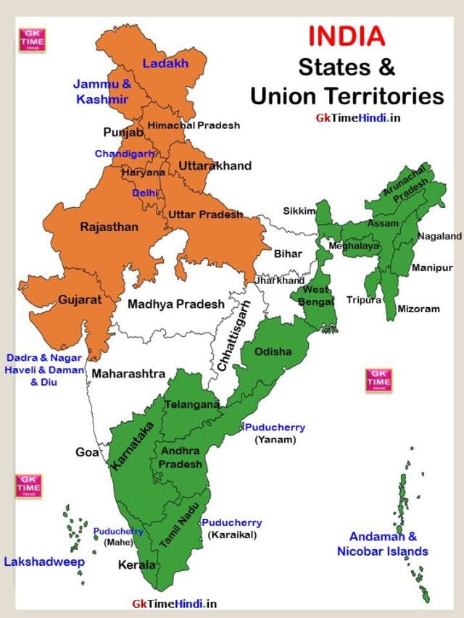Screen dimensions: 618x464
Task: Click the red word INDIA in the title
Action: (347, 36)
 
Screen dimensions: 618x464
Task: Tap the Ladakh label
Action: (165, 64)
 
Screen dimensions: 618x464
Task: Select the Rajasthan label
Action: (109, 227)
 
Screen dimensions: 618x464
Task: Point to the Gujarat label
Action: (80, 299)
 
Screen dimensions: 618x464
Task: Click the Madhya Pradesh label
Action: (176, 304)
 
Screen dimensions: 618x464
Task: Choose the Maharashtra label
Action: (128, 374)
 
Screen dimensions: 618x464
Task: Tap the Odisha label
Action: (273, 352)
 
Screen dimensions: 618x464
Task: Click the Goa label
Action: (87, 452)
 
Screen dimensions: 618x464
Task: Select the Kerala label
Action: (138, 564)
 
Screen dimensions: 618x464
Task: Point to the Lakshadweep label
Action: (44, 561)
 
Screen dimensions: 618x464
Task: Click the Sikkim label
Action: (299, 211)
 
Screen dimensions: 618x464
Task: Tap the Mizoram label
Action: (418, 309)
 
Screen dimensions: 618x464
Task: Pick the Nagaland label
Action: (439, 236)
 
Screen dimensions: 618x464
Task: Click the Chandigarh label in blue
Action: (125, 154)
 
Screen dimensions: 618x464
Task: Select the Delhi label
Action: (145, 193)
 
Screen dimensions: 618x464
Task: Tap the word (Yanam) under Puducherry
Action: (275, 439)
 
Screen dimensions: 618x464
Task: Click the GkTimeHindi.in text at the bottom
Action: (174, 603)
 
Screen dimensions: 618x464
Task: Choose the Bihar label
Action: (288, 254)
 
